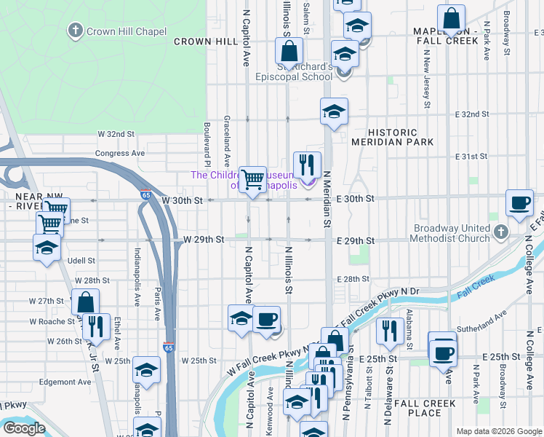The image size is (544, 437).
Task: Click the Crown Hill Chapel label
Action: point(126,31)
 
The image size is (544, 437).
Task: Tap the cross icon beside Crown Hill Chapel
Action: point(75,31)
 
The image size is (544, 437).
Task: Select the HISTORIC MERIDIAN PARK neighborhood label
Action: point(392,137)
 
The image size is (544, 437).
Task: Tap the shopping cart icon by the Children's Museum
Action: point(252,178)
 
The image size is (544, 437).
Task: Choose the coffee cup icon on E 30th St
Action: point(520,202)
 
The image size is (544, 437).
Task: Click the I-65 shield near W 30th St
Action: point(146,194)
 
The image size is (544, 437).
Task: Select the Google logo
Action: point(23,428)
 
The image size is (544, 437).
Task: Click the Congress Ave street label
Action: point(120,154)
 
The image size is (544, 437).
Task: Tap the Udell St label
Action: point(81,260)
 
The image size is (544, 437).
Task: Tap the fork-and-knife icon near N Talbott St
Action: point(389,330)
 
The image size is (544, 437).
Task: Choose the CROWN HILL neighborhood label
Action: point(206,42)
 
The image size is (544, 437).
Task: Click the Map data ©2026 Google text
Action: point(498,431)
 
